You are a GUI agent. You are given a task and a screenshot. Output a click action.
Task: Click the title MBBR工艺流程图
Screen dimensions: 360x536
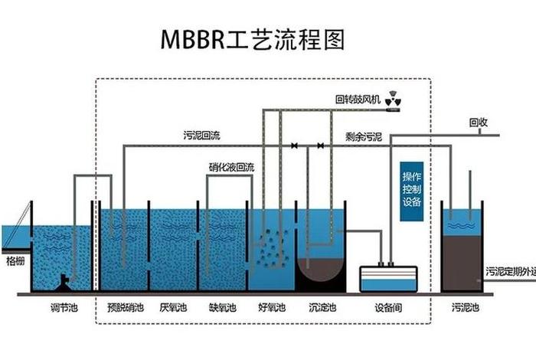pos(253,38)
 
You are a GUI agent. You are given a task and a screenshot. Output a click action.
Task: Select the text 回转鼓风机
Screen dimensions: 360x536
pos(358,100)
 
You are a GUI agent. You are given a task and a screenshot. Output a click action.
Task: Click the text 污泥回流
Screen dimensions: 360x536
pos(201,136)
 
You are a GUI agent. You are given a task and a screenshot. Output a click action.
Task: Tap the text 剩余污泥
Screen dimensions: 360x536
pos(364,138)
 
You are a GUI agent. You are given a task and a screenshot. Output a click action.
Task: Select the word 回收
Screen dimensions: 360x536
pos(479,123)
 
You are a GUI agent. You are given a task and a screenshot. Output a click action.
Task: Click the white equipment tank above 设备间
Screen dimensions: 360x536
pos(389,278)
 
